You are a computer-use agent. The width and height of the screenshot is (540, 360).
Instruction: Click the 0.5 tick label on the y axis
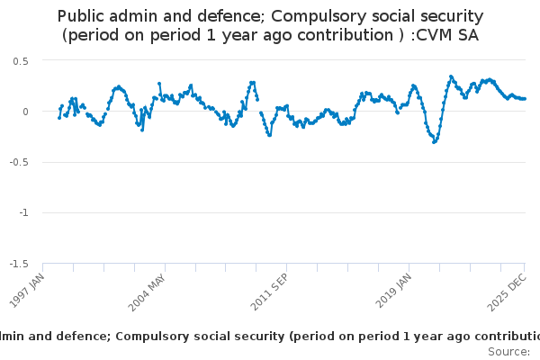(x=21, y=60)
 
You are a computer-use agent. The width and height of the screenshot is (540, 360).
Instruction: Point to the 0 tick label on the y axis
(x=26, y=112)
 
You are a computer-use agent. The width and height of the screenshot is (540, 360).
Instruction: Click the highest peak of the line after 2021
(x=451, y=76)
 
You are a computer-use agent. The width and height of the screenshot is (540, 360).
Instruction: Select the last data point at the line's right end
(x=525, y=98)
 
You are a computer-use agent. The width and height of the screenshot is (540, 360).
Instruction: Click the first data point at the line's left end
(x=59, y=117)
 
